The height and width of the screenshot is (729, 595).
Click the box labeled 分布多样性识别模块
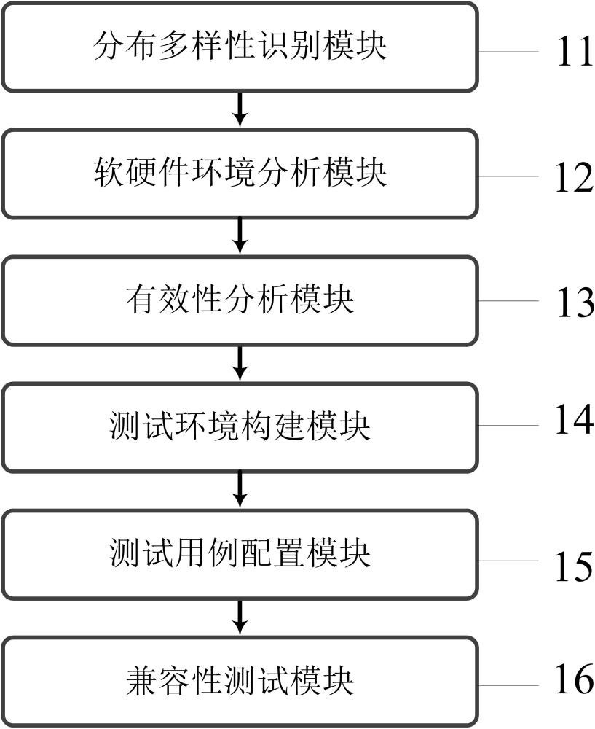(240, 47)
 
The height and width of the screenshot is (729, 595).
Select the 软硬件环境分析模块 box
(240, 174)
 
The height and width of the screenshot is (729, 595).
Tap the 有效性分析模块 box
(240, 300)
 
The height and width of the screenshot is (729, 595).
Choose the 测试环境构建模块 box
(240, 427)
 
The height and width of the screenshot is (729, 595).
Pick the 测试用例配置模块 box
(240, 554)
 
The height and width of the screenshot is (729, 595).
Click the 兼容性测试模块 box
(240, 681)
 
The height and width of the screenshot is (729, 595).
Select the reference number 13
(575, 303)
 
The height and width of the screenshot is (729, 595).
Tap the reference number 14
(575, 422)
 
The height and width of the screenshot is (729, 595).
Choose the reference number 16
(575, 679)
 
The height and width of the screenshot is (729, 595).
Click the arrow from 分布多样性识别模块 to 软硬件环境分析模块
(240, 110)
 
